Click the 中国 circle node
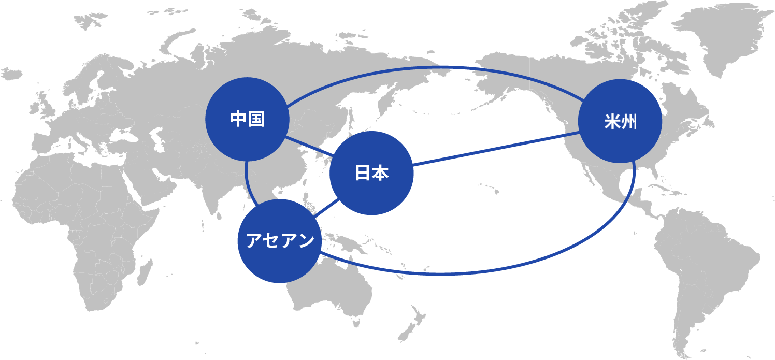point(248,119)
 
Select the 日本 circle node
point(371,173)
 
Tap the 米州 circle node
point(620,121)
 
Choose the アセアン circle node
point(280,241)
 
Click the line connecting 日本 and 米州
point(496,149)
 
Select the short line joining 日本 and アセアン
point(326,208)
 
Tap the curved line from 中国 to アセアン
point(248,184)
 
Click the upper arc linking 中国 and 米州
point(437,67)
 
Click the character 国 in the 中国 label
point(256,119)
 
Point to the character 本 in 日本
point(381,173)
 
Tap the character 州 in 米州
point(629,122)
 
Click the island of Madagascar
point(145,272)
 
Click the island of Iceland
point(11,74)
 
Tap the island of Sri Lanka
point(219,216)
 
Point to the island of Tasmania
point(356,323)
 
